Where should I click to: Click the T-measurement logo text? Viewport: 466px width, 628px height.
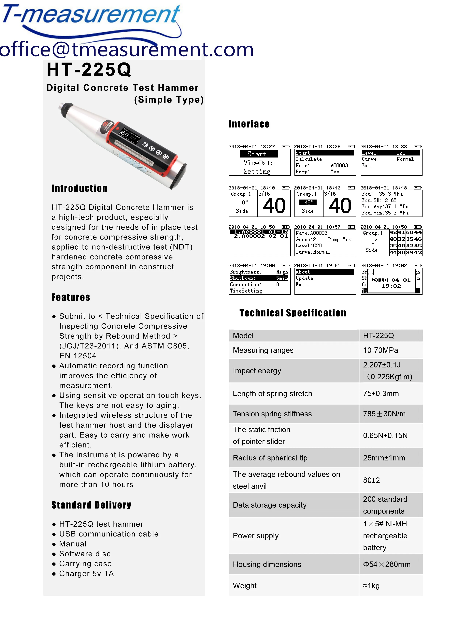coord(91,15)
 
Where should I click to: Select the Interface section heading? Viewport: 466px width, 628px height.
coord(249,124)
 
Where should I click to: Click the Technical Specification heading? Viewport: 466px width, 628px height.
coord(292,313)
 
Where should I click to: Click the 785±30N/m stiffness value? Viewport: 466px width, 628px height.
coord(384,414)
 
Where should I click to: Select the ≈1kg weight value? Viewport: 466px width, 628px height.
coord(371,586)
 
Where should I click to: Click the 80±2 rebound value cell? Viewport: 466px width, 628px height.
coord(371,480)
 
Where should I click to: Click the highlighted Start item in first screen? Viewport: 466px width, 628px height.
coord(259,154)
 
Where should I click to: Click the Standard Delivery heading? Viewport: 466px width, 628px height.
coord(91,505)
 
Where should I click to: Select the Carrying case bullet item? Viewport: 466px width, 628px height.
coord(85,564)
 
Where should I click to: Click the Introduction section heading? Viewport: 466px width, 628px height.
coord(79,188)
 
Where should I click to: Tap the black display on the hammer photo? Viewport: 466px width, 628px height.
coord(130,135)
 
